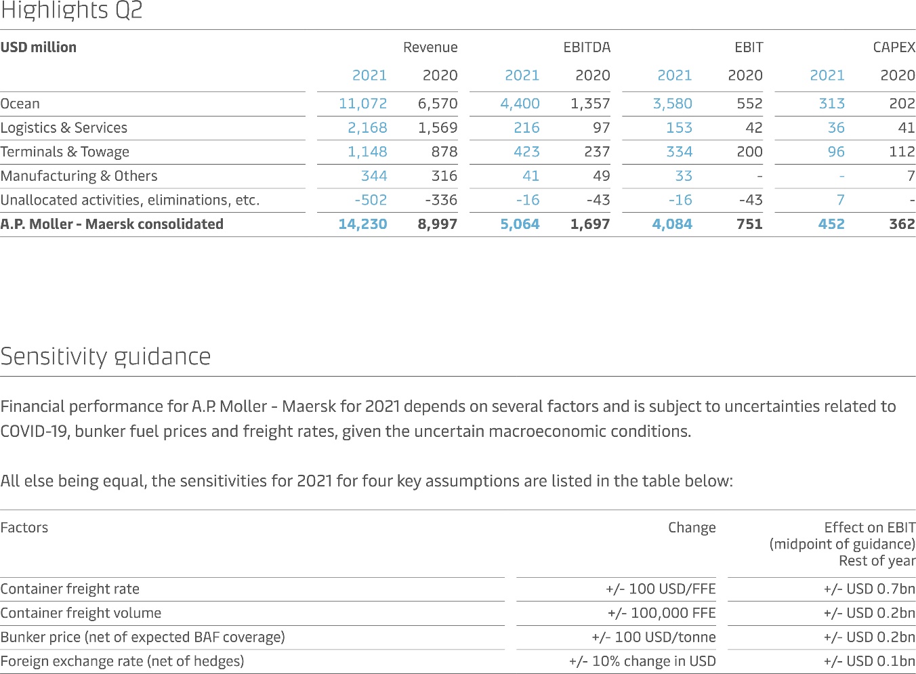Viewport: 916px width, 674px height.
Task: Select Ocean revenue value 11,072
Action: (x=362, y=104)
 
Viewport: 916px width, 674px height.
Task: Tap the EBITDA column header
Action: (x=587, y=47)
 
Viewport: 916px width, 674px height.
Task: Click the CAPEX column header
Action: (x=894, y=47)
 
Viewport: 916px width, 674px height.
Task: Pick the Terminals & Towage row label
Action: (x=64, y=152)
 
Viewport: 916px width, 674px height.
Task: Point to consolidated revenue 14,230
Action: (x=362, y=224)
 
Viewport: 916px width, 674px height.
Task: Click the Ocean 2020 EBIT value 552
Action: (x=749, y=104)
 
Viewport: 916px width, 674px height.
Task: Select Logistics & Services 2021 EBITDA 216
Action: (x=526, y=127)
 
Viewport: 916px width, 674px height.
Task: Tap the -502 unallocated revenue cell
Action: (x=371, y=200)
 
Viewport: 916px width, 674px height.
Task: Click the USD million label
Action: (x=39, y=47)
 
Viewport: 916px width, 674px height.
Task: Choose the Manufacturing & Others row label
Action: (x=79, y=175)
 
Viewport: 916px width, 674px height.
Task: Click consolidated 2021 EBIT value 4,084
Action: (x=672, y=224)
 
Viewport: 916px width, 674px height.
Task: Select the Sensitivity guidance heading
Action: (x=106, y=356)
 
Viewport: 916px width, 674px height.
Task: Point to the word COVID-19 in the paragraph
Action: (x=33, y=431)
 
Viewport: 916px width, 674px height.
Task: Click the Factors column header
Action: (x=24, y=527)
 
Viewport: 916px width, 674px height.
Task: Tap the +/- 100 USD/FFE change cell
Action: (x=661, y=589)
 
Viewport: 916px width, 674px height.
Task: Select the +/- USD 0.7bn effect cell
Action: (x=869, y=589)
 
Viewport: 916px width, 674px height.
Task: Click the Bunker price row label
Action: (x=142, y=637)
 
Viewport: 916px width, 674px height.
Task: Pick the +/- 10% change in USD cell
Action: (x=642, y=661)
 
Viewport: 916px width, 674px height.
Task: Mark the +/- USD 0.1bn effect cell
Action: (x=869, y=661)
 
